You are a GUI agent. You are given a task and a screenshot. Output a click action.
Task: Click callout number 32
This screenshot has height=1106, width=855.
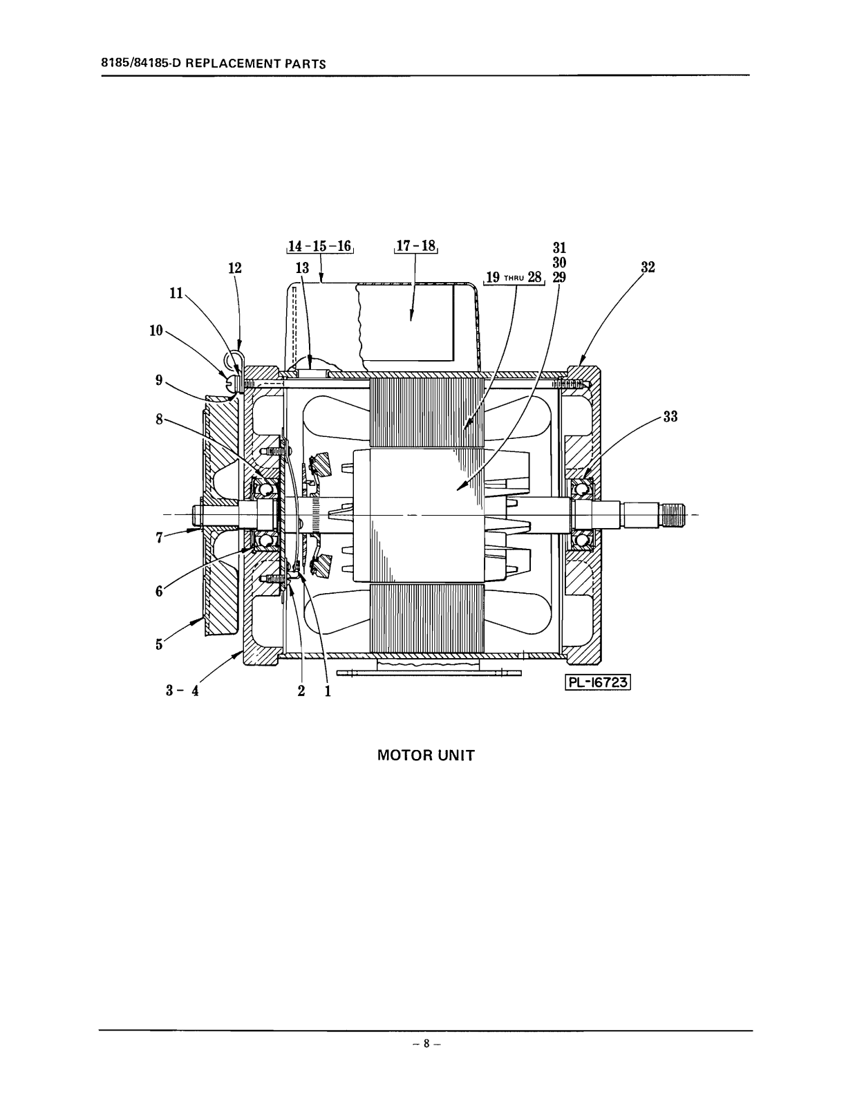pos(648,268)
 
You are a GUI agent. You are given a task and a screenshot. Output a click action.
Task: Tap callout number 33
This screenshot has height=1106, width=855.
pos(670,416)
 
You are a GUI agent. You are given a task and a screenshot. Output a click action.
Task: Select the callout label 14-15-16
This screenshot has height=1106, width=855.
pos(320,246)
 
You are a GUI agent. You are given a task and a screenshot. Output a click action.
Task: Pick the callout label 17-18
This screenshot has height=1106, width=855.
pos(416,246)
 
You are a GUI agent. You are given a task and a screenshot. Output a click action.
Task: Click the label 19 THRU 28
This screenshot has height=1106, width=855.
pos(514,277)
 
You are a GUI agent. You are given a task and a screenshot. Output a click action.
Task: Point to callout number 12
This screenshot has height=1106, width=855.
pos(234,268)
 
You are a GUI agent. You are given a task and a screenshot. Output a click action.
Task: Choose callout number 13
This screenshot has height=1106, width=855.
pos(302,268)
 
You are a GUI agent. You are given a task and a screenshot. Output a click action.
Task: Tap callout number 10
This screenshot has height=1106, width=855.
pos(156,331)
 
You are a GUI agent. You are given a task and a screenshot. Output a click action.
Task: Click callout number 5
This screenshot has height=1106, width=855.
pos(159,644)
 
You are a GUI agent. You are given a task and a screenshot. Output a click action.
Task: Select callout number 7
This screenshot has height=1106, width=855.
pos(159,538)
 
